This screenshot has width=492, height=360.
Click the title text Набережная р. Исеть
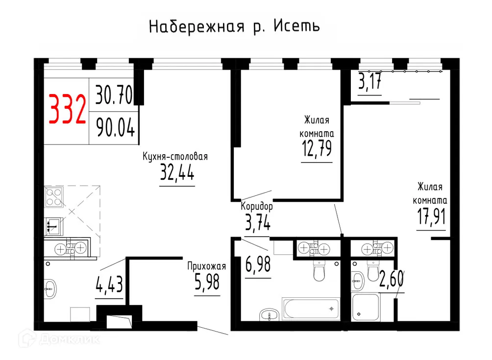pos(234,26)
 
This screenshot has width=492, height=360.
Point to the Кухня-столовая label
pos(175,157)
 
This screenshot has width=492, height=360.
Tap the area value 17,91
pos(431,216)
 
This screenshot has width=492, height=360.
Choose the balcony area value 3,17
pos(370,81)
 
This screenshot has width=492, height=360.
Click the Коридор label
pos(257,207)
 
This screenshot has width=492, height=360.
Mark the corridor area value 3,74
pos(257,223)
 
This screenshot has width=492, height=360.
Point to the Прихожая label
pos(206,266)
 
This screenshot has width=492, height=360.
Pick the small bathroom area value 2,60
pos(391,279)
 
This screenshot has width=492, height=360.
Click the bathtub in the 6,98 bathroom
pos(311,308)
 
